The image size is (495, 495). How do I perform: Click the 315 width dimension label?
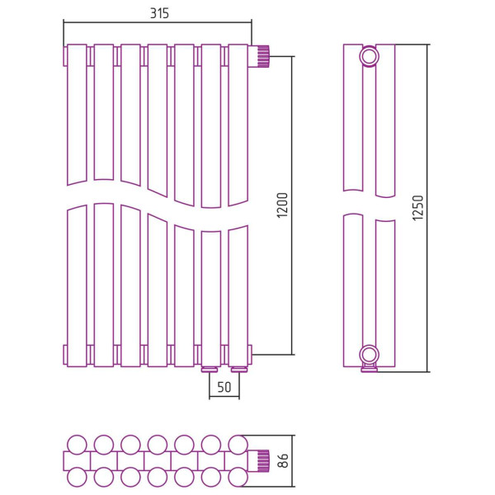point(159,13)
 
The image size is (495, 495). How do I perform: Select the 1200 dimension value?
point(282,205)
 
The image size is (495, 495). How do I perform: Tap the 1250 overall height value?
point(418,208)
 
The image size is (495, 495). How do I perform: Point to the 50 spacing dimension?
point(224,387)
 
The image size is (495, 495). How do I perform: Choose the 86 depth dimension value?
point(284,460)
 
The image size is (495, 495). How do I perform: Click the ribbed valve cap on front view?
point(263,56)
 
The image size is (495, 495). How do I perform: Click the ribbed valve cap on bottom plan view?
point(263,460)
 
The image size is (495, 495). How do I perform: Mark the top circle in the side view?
point(369,57)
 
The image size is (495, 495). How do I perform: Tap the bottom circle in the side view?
point(369,355)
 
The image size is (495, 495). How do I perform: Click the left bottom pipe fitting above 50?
point(210,369)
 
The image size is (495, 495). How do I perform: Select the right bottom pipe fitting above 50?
point(239,369)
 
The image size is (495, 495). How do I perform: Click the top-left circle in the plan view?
point(77,445)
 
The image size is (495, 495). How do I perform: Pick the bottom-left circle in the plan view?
point(77,477)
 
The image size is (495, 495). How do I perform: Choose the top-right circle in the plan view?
point(238,445)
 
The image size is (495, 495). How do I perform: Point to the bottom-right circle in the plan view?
point(238,477)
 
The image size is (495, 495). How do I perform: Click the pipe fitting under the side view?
point(369,369)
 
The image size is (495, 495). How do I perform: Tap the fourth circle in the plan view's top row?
point(158,445)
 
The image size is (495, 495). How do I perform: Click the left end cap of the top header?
point(65,56)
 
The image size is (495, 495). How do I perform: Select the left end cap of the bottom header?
point(65,355)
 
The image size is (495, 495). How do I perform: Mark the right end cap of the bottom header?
point(250,355)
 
